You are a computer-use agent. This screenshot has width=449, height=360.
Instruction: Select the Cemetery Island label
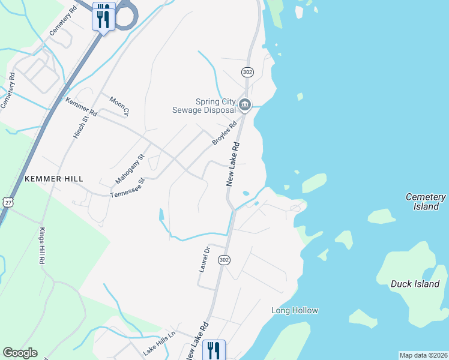pyautogui.click(x=426, y=202)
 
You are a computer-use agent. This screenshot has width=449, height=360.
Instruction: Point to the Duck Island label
pyautogui.click(x=415, y=284)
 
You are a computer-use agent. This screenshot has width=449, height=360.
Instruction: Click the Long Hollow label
pyautogui.click(x=294, y=310)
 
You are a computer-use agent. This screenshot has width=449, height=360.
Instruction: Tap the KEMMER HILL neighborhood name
pyautogui.click(x=53, y=179)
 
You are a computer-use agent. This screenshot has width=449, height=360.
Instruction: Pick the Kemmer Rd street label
pyautogui.click(x=81, y=107)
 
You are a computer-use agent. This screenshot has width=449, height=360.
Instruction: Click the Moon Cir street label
pyautogui.click(x=119, y=105)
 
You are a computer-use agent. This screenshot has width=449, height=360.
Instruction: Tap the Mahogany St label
pyautogui.click(x=130, y=169)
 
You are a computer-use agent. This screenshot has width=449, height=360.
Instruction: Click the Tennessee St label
pyautogui.click(x=128, y=188)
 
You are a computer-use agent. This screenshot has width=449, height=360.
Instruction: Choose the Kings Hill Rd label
pyautogui.click(x=42, y=246)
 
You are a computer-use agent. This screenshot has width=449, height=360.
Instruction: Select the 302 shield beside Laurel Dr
pyautogui.click(x=224, y=260)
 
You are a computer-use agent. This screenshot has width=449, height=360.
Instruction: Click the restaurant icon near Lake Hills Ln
pyautogui.click(x=213, y=349)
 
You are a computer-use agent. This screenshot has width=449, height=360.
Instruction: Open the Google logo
pyautogui.click(x=20, y=353)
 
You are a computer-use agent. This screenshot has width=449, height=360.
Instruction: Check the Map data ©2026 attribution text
pyautogui.click(x=424, y=355)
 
